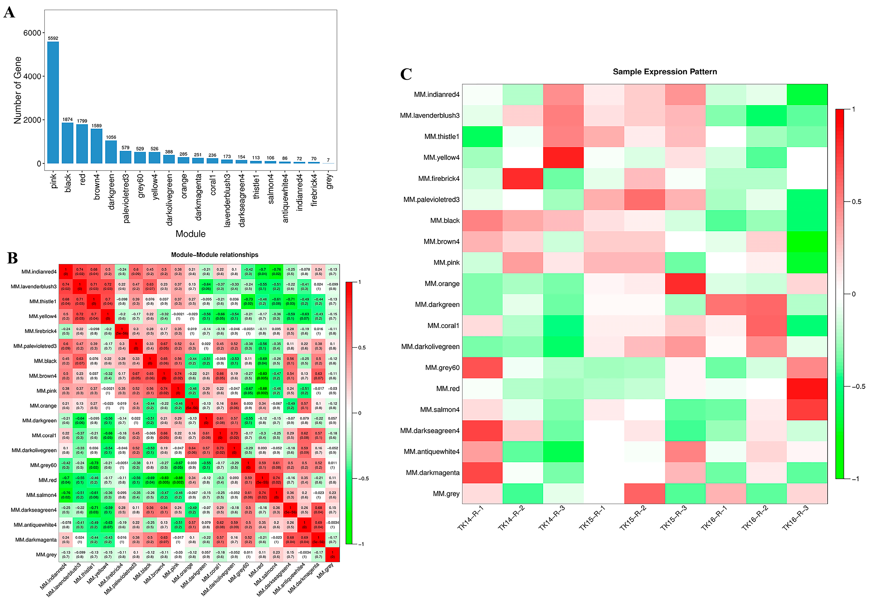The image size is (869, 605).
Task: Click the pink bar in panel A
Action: (53, 102)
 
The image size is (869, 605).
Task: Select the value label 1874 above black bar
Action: (67, 119)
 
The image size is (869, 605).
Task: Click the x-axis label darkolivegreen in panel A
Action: (169, 199)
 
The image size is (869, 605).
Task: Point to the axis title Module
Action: (190, 234)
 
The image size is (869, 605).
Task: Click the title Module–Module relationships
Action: (215, 255)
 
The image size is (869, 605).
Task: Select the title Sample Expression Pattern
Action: (665, 72)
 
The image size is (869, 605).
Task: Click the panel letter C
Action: (406, 74)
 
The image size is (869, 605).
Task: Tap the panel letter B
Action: (12, 258)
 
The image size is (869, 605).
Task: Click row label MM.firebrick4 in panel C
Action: (439, 178)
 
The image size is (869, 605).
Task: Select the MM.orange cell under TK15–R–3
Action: (685, 283)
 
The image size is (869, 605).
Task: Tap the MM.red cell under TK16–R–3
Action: (807, 389)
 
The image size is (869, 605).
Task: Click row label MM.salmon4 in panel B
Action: (41, 495)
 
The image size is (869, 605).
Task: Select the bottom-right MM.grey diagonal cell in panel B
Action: (332, 555)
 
